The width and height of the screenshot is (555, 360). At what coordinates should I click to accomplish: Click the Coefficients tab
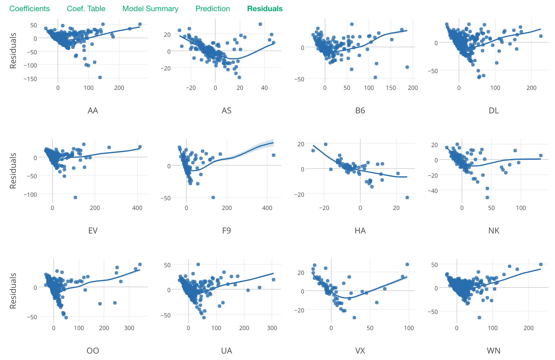[30, 9]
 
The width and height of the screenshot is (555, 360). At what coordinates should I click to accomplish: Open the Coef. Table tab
[86, 9]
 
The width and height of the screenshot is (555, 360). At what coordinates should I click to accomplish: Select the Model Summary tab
[150, 9]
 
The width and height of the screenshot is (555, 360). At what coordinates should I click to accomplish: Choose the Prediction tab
[213, 9]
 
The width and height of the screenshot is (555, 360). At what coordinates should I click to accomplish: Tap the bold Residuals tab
[265, 9]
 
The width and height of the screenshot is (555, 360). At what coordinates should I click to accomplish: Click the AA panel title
[93, 111]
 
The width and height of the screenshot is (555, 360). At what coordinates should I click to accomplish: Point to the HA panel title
[360, 231]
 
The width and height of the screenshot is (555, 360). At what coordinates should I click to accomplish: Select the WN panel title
[494, 351]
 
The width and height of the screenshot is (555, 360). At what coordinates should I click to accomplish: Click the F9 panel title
[226, 231]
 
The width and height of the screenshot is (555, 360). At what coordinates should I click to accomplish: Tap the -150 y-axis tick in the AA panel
[31, 79]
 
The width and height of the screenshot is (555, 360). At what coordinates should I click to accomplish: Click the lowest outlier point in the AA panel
[100, 78]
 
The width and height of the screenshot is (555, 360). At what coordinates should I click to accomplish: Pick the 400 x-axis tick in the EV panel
[137, 208]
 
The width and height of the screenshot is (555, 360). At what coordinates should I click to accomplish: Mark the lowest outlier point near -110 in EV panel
[75, 198]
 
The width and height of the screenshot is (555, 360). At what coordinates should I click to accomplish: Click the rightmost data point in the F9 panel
[273, 155]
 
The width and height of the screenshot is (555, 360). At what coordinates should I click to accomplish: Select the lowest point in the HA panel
[407, 198]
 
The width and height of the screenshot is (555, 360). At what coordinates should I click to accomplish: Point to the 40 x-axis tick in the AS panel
[265, 88]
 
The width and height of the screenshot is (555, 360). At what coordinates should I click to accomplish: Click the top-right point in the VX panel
[407, 265]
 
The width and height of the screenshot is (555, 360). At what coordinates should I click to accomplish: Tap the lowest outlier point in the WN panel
[479, 318]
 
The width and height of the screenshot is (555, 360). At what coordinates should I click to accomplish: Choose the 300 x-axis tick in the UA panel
[272, 328]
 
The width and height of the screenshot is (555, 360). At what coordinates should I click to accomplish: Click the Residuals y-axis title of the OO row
[13, 291]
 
